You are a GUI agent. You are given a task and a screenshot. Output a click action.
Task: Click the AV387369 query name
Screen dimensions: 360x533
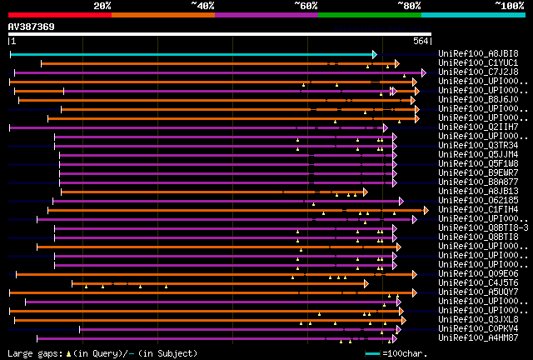32,27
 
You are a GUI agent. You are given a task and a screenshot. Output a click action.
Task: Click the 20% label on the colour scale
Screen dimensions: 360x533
102,6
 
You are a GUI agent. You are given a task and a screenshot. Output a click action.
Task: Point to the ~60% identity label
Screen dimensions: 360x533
306,6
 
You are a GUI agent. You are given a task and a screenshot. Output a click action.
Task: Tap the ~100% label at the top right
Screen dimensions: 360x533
509,6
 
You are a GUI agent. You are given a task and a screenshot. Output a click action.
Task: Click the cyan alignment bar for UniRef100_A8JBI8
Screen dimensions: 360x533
192,54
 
